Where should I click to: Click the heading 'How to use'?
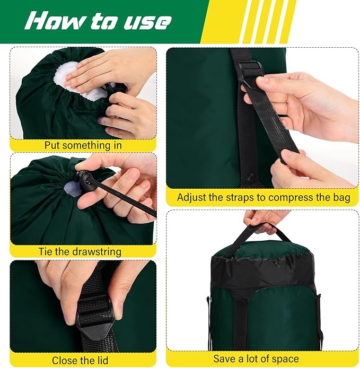pos(99,21)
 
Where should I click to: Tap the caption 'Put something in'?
pos(83,145)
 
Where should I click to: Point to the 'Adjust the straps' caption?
pos(264,197)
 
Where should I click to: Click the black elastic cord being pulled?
pos(127,199)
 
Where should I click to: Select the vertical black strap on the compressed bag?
pos(241,318)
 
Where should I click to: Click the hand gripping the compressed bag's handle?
pos(265,217)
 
